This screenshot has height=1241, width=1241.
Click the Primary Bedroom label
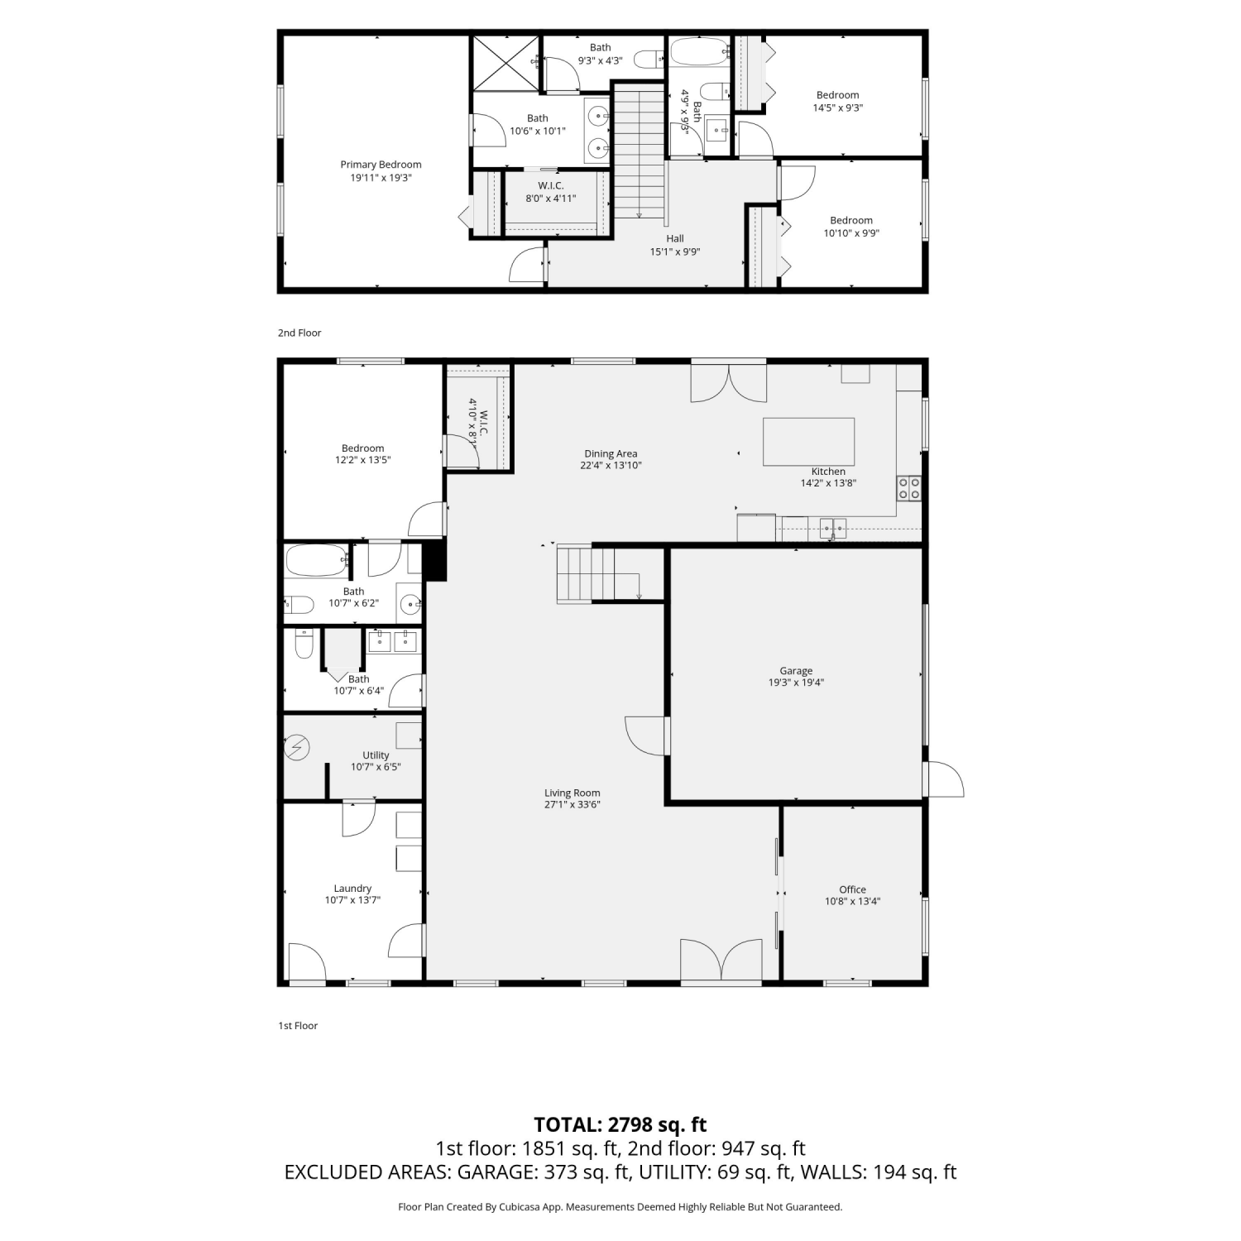pyautogui.click(x=381, y=165)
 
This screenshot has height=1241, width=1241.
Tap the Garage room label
pyautogui.click(x=796, y=671)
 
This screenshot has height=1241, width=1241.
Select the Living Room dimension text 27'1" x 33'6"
pyautogui.click(x=572, y=804)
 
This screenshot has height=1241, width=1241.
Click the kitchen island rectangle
pyautogui.click(x=808, y=442)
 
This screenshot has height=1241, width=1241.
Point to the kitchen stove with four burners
pyautogui.click(x=909, y=488)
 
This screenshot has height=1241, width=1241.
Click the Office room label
pyautogui.click(x=852, y=890)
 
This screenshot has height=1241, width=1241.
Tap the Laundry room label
pyautogui.click(x=352, y=889)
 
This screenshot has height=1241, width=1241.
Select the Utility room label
pyautogui.click(x=376, y=755)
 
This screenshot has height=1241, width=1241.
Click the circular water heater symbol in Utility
pyautogui.click(x=297, y=749)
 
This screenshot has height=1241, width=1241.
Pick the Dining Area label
pyautogui.click(x=611, y=453)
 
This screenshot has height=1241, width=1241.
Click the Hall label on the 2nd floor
pyautogui.click(x=675, y=239)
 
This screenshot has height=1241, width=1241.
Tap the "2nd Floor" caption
pyautogui.click(x=299, y=333)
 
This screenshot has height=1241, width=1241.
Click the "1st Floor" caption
pyautogui.click(x=298, y=1026)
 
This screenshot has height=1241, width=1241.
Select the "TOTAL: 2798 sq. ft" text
pyautogui.click(x=620, y=1124)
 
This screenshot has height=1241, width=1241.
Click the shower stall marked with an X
pyautogui.click(x=505, y=63)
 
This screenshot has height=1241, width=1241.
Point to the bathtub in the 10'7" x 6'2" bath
pyautogui.click(x=317, y=560)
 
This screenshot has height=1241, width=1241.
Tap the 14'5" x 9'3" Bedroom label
pyautogui.click(x=837, y=95)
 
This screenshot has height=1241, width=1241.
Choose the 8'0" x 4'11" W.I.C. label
pyautogui.click(x=551, y=186)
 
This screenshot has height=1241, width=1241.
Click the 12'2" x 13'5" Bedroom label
pyautogui.click(x=362, y=448)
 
